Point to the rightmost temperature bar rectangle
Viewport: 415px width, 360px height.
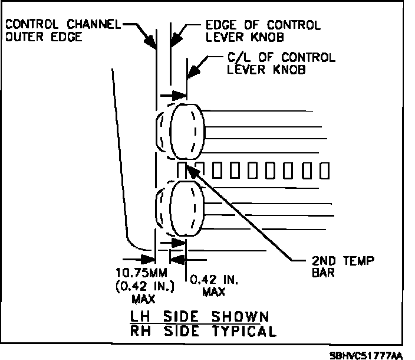[x=323, y=170]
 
